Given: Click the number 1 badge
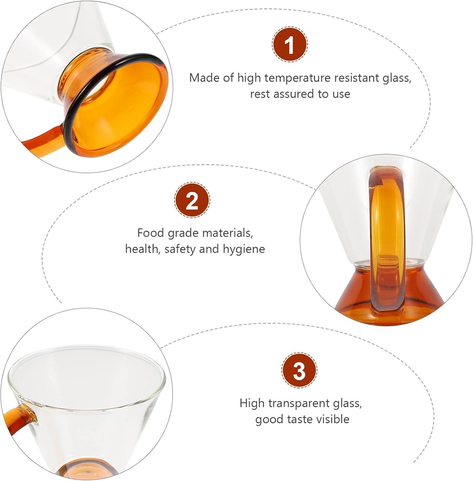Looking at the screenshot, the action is point(290,45).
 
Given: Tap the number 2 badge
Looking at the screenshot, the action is point(192,200).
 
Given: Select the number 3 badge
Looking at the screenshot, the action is point(300,371).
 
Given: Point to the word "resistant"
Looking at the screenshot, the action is point(356,78).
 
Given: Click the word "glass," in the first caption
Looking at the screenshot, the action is point(397,78).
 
